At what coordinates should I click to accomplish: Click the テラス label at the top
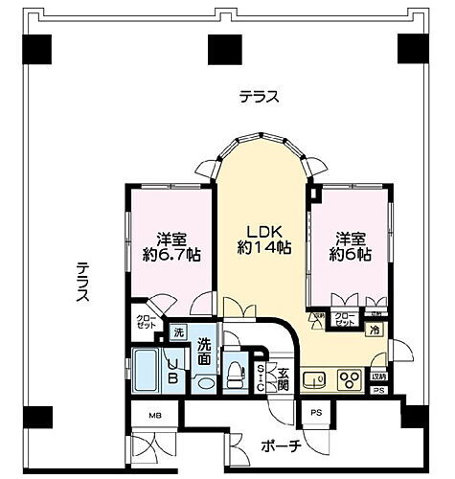pos(259,96)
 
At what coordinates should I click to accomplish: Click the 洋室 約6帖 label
pos(350,246)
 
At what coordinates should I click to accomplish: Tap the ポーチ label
pos(281,446)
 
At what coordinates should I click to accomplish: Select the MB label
pos(154,414)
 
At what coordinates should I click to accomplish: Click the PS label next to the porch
pos(316,413)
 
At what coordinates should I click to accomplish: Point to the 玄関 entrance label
pos(282,377)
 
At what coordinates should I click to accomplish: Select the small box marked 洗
pos(177,331)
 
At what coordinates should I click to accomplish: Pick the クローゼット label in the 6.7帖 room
pos(145,324)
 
